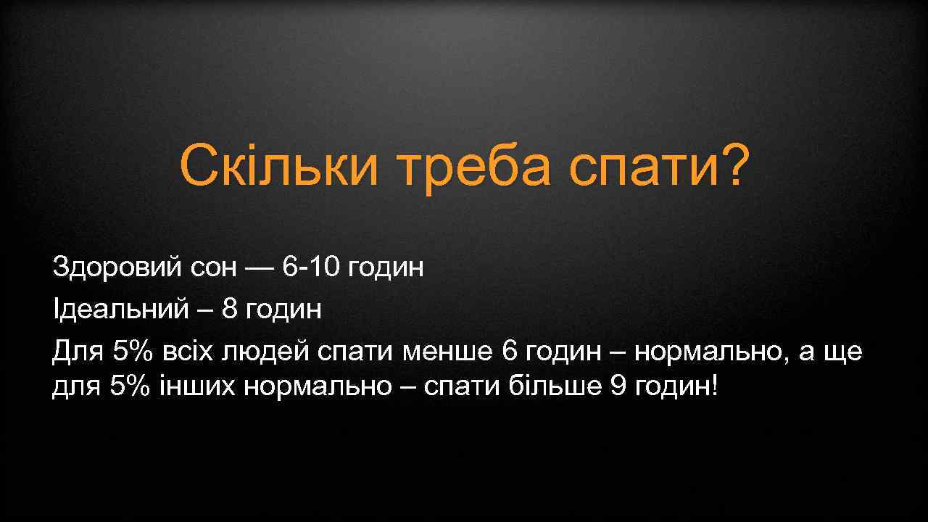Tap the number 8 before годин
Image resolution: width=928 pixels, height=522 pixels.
[x=230, y=310]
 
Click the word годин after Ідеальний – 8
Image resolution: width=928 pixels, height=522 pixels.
[x=283, y=310]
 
